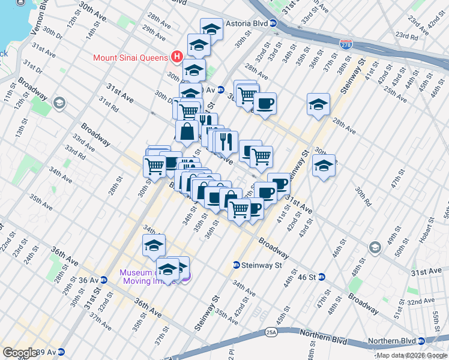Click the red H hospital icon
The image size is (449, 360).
(176, 57)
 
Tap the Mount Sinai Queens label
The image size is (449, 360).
(130, 58)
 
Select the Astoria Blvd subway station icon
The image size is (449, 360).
(273, 24)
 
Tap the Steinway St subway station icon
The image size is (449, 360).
(237, 265)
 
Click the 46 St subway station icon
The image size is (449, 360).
(321, 277)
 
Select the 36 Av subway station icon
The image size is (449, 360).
(104, 280)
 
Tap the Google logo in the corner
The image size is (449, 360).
(20, 352)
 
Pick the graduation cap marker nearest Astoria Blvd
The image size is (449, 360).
(211, 28)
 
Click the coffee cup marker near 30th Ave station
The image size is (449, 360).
(264, 103)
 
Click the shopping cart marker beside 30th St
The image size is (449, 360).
(154, 165)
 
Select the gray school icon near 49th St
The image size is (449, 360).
(375, 247)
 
